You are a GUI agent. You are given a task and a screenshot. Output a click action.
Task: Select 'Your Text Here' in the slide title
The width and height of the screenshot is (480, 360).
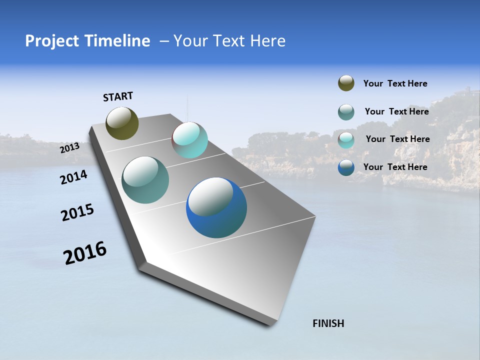[x=229, y=41]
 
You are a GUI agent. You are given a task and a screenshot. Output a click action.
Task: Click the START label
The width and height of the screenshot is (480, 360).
[x=118, y=96]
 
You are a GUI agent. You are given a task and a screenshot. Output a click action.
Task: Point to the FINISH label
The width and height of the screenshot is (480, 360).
[x=328, y=323]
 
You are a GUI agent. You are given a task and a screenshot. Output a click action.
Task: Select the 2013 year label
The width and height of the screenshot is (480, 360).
[x=70, y=148]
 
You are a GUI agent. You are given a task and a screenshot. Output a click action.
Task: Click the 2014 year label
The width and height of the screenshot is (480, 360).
[x=74, y=177]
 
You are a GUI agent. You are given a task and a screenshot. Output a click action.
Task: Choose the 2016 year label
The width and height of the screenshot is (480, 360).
[x=85, y=253]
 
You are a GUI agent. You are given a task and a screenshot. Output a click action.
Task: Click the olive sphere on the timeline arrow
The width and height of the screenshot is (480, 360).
[x=122, y=123]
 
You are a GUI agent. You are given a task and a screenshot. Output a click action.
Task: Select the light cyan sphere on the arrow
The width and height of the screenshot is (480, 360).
[x=190, y=140]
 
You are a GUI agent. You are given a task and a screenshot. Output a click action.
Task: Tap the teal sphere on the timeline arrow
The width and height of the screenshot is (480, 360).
[x=145, y=180]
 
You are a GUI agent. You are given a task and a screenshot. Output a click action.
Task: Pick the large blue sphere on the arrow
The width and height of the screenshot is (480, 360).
[x=216, y=208]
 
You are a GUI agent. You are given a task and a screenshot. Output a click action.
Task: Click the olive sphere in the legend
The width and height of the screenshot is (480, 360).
[x=346, y=83]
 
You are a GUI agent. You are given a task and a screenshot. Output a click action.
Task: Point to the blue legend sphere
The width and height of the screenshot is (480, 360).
[x=346, y=167]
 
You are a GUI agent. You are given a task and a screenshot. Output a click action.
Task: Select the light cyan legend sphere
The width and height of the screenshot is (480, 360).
[x=346, y=140]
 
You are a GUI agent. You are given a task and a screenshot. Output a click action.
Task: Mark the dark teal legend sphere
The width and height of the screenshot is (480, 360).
[x=346, y=112]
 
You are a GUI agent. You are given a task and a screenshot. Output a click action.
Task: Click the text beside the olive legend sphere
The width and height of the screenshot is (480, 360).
[x=395, y=84]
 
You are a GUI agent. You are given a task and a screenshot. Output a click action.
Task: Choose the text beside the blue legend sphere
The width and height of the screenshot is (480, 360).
[x=395, y=167]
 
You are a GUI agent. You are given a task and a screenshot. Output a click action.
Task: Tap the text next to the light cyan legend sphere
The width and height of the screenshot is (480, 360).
[x=397, y=139]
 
